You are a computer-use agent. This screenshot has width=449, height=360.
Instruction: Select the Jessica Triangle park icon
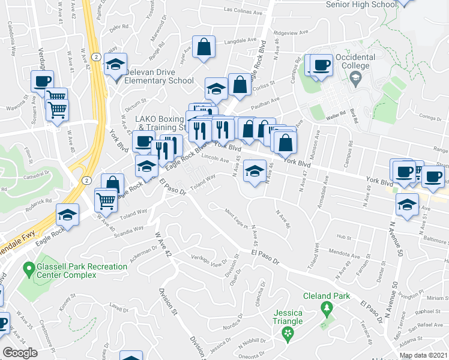click(288, 334)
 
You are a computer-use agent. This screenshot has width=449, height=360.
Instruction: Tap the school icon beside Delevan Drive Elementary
click(115, 66)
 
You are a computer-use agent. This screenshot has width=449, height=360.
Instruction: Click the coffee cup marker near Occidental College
click(321, 66)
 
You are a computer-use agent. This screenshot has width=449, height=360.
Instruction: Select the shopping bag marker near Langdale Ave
click(204, 47)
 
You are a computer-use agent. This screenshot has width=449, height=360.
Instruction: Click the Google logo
click(20, 353)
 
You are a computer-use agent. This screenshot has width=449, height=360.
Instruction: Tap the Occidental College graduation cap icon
click(355, 77)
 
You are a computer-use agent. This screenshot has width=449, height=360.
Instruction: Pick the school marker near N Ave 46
click(255, 173)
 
